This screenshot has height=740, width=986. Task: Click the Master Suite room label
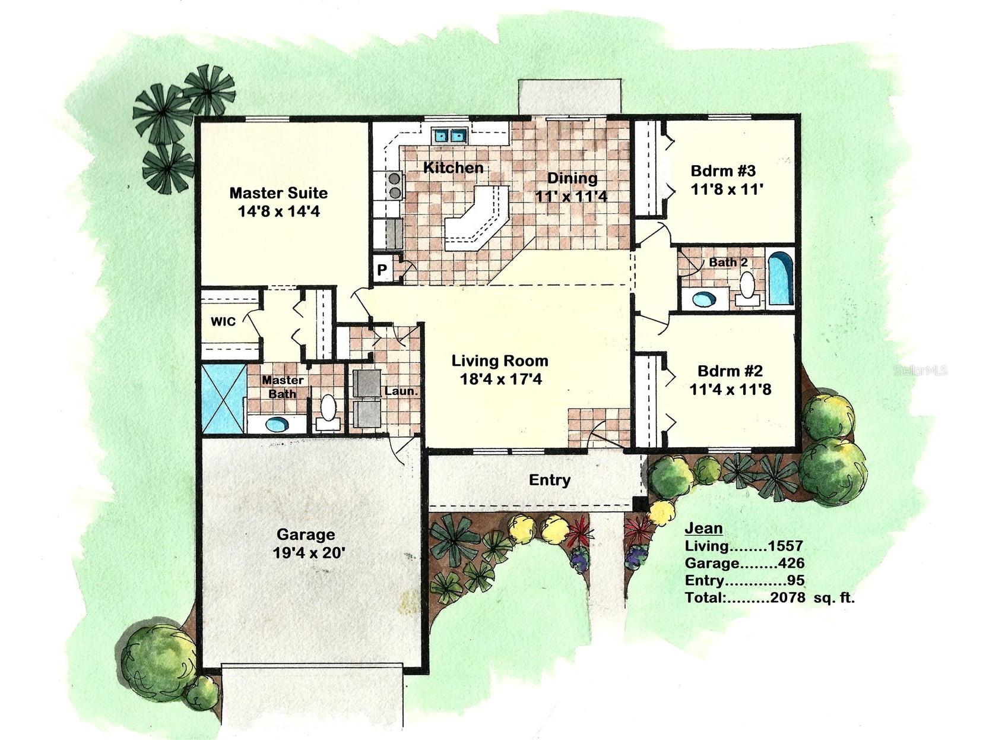(x=278, y=193)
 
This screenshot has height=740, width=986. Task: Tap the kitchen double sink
(x=449, y=136)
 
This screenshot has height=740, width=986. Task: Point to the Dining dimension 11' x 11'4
(x=571, y=196)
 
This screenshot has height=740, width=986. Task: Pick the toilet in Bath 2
(x=747, y=287)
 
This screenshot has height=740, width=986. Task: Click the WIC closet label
(x=223, y=321)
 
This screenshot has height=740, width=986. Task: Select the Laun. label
(x=401, y=391)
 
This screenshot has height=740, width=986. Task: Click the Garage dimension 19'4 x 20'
(x=308, y=553)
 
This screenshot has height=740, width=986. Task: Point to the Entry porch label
(x=550, y=480)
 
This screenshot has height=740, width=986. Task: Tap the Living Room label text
(x=500, y=360)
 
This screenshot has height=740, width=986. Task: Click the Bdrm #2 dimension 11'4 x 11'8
(x=730, y=390)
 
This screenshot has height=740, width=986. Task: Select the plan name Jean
(x=703, y=528)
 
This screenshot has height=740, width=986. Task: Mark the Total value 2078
(x=787, y=597)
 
